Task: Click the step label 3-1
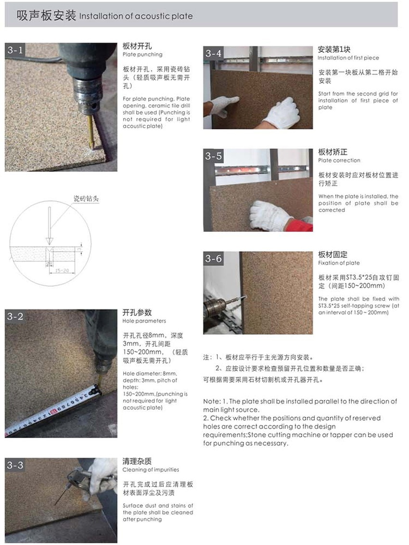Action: coord(15,50)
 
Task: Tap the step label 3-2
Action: coord(15,317)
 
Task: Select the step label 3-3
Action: coord(15,465)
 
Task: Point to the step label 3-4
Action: coord(213,53)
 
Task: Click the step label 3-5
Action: coord(213,156)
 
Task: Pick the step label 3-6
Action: coord(213,259)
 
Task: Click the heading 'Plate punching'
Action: coord(142,55)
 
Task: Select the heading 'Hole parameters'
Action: coord(144,321)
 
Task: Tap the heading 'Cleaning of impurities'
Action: coord(151,469)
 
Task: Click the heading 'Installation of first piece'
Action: coord(348,58)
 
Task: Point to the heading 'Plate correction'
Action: coord(339,160)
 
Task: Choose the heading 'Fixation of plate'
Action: coord(339,263)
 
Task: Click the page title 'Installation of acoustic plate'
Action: coord(136,16)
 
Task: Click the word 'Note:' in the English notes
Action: coord(212,401)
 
